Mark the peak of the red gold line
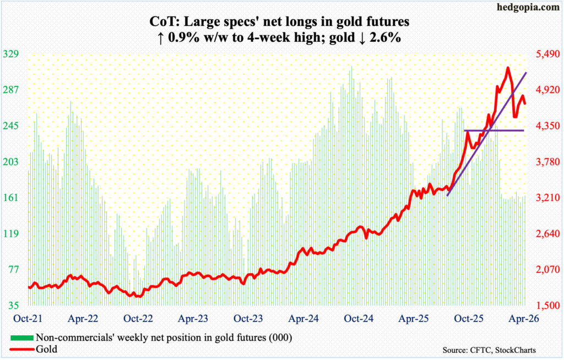point(507,68)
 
